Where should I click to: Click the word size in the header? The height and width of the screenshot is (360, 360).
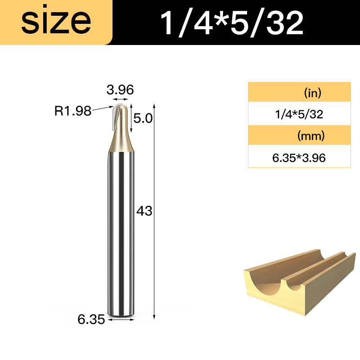56,21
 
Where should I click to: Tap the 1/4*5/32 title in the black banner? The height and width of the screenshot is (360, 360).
232,23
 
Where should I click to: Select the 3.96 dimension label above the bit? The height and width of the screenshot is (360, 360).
120,90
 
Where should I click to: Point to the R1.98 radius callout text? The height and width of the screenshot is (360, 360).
73,111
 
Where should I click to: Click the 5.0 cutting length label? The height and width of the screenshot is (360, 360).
143,118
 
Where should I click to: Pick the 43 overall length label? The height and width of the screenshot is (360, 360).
144,211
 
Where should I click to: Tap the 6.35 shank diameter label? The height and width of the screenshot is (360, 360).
91,319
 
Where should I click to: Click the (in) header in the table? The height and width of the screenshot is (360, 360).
313,93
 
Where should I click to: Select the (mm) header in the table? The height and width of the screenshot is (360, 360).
311,136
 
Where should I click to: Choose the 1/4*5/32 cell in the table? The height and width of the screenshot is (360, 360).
299,114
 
